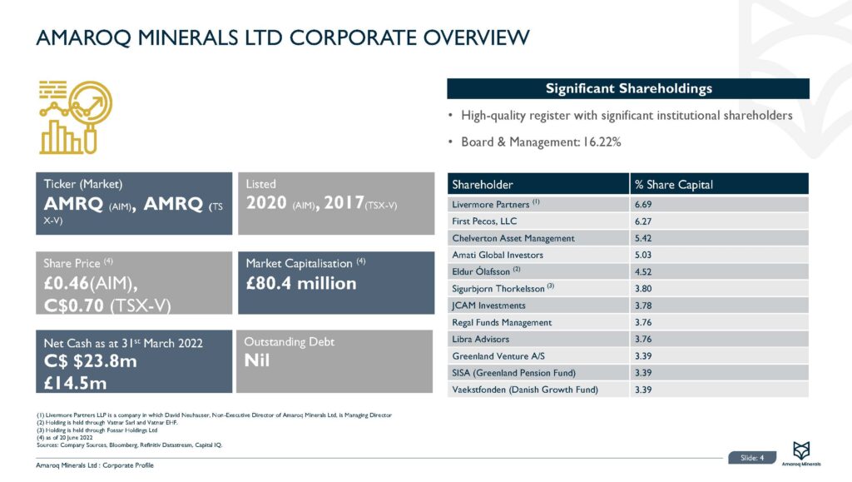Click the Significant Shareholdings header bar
pos(628,88)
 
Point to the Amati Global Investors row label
pos(496,255)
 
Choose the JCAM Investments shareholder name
pos(488,306)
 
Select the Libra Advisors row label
pos(480,339)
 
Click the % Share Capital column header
pos(673,184)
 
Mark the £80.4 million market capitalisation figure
pos(301,284)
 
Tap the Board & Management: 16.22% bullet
pos(541,142)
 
